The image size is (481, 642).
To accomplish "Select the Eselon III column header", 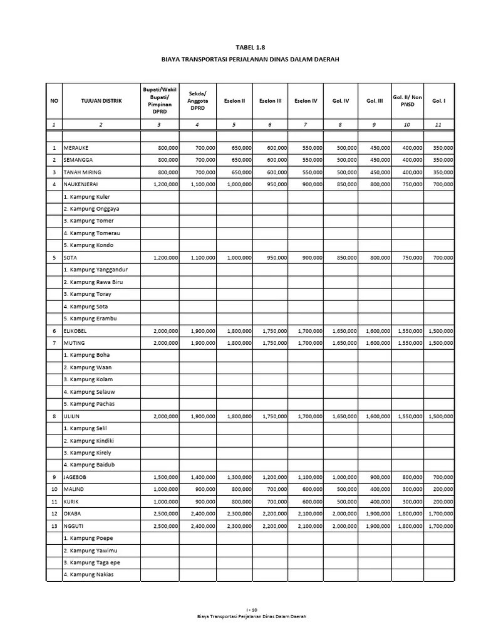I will click(271, 100).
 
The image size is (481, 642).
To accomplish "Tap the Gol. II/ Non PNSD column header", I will click(407, 100).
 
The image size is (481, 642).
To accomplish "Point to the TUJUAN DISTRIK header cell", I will click(101, 100).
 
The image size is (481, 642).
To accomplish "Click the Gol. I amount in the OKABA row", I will click(441, 513).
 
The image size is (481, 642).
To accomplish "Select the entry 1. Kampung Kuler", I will click(87, 197).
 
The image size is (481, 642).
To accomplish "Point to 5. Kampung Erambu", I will click(90, 318).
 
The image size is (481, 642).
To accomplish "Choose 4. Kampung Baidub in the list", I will click(90, 465).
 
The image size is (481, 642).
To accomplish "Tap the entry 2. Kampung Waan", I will click(87, 367).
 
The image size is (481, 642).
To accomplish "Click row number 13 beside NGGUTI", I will click(54, 526).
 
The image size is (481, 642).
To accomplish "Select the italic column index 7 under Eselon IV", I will click(305, 125).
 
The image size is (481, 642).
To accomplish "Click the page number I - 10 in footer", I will click(251, 609).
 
